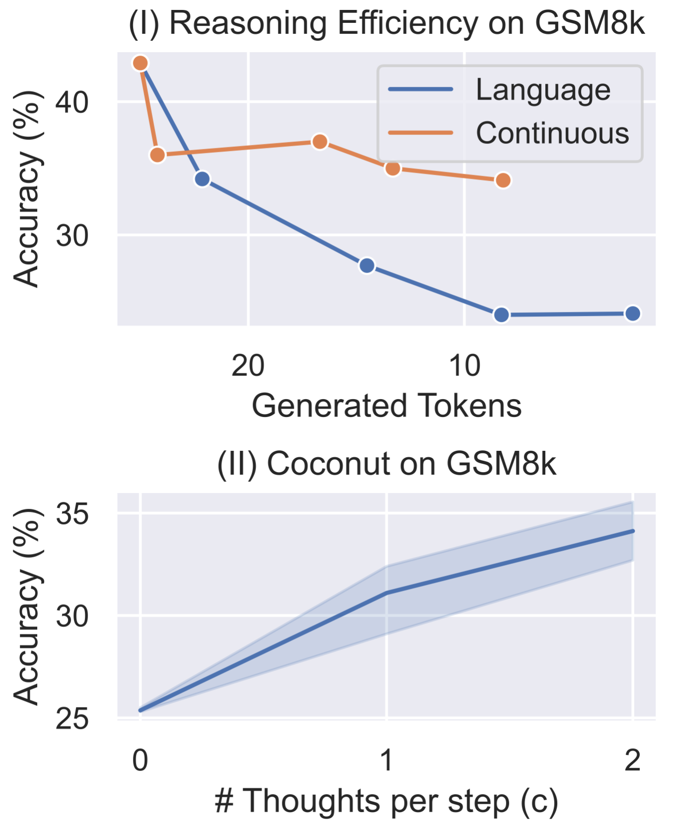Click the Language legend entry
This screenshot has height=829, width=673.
click(x=542, y=90)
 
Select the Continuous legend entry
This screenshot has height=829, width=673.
click(x=552, y=133)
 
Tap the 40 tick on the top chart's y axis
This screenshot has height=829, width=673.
click(x=72, y=103)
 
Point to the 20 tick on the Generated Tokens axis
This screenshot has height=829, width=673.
click(x=248, y=366)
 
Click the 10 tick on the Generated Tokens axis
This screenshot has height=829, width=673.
click(x=464, y=366)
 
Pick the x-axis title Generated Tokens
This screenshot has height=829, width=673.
click(x=386, y=406)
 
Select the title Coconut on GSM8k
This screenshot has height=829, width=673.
click(x=386, y=464)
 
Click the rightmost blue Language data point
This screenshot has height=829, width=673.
click(x=632, y=313)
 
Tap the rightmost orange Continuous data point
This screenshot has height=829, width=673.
click(x=503, y=180)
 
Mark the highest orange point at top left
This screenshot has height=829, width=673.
click(x=141, y=63)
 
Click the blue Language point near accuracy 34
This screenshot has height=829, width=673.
click(x=202, y=179)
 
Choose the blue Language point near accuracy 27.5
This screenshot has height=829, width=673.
click(x=367, y=266)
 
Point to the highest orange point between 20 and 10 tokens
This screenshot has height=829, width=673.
click(x=320, y=142)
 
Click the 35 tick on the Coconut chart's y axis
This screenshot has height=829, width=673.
click(x=72, y=514)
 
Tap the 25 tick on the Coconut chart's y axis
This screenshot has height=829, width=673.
click(x=72, y=719)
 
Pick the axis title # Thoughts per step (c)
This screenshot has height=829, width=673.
click(x=386, y=802)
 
